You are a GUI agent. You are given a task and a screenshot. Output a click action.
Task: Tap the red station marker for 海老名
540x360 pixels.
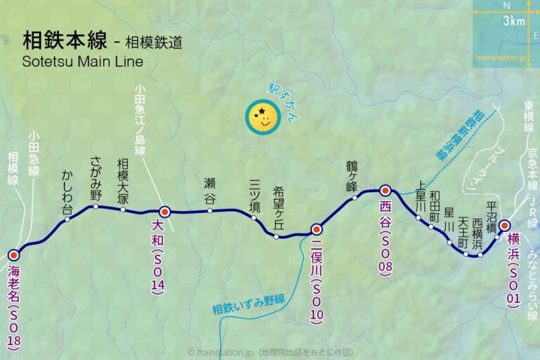[13, 255]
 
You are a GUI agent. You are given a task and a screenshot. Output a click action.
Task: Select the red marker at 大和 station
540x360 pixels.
[165, 211]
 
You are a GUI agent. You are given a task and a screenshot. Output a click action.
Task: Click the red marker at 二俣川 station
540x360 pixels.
[316, 229]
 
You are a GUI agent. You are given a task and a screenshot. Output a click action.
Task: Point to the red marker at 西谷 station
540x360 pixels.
[385, 190]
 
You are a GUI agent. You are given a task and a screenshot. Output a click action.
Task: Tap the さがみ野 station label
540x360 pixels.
[96, 179]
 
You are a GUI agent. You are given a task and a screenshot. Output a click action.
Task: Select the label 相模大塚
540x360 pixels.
[123, 181]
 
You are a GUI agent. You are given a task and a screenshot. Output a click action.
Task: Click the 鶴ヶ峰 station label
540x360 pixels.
[352, 176]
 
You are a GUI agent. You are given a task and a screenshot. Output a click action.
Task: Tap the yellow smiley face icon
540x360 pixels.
[263, 117]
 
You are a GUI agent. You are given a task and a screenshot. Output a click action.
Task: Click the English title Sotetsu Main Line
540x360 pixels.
[82, 61]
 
